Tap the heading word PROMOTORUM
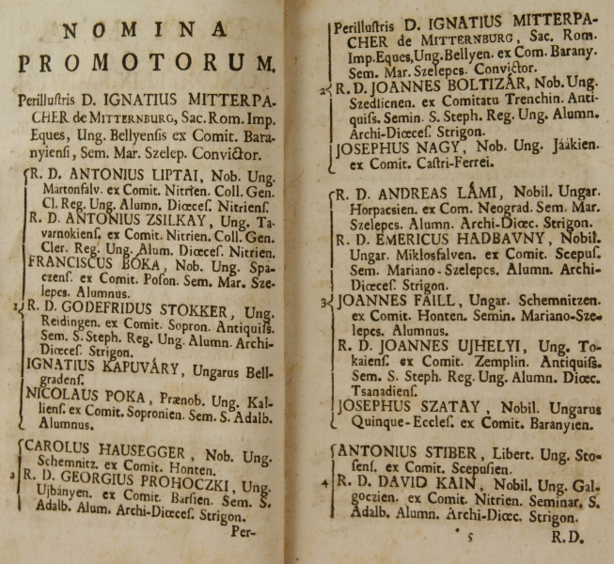tap(147, 64)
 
